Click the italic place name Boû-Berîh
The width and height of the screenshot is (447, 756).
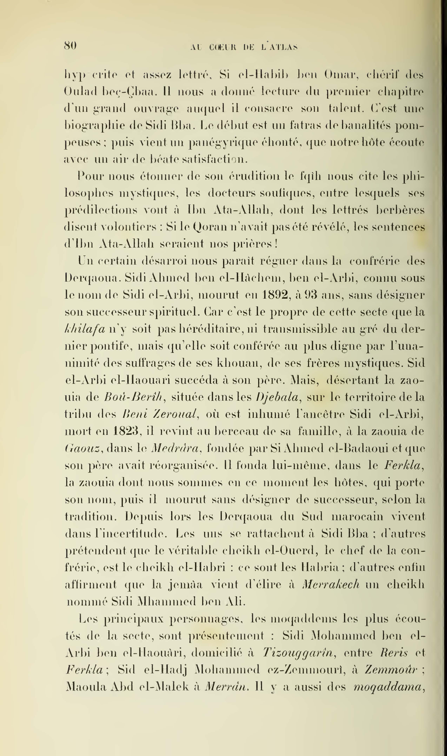[x=134, y=397]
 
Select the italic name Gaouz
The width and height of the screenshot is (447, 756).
[x=82, y=449]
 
